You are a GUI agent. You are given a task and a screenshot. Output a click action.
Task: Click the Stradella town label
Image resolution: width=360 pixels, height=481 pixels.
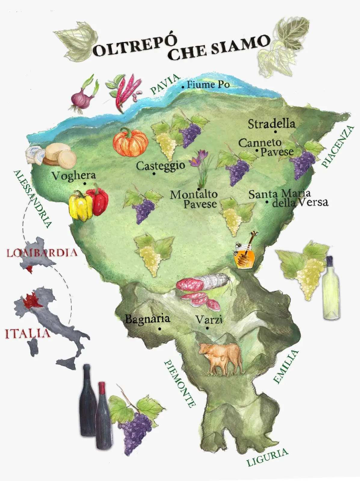(x=271, y=124)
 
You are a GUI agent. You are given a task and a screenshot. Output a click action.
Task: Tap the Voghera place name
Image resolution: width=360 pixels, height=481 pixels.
(x=73, y=176)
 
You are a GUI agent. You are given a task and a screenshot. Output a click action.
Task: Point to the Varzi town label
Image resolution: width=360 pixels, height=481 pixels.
(x=209, y=319)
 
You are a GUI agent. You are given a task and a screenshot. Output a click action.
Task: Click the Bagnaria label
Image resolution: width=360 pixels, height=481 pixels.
(x=147, y=319)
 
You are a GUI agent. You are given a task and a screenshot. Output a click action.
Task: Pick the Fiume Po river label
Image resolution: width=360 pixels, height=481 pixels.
(x=208, y=84)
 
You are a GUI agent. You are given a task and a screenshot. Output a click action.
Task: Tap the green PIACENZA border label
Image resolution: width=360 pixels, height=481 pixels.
(x=338, y=146)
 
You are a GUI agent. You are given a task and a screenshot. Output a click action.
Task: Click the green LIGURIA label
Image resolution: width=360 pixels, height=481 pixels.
(x=267, y=457)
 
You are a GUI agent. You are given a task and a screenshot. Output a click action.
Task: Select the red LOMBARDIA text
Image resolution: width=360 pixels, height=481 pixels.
(x=42, y=252)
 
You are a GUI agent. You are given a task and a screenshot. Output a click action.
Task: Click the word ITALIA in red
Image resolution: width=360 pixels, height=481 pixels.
(x=27, y=333)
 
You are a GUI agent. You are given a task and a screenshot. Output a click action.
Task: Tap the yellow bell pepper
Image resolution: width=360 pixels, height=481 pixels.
(x=80, y=206)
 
